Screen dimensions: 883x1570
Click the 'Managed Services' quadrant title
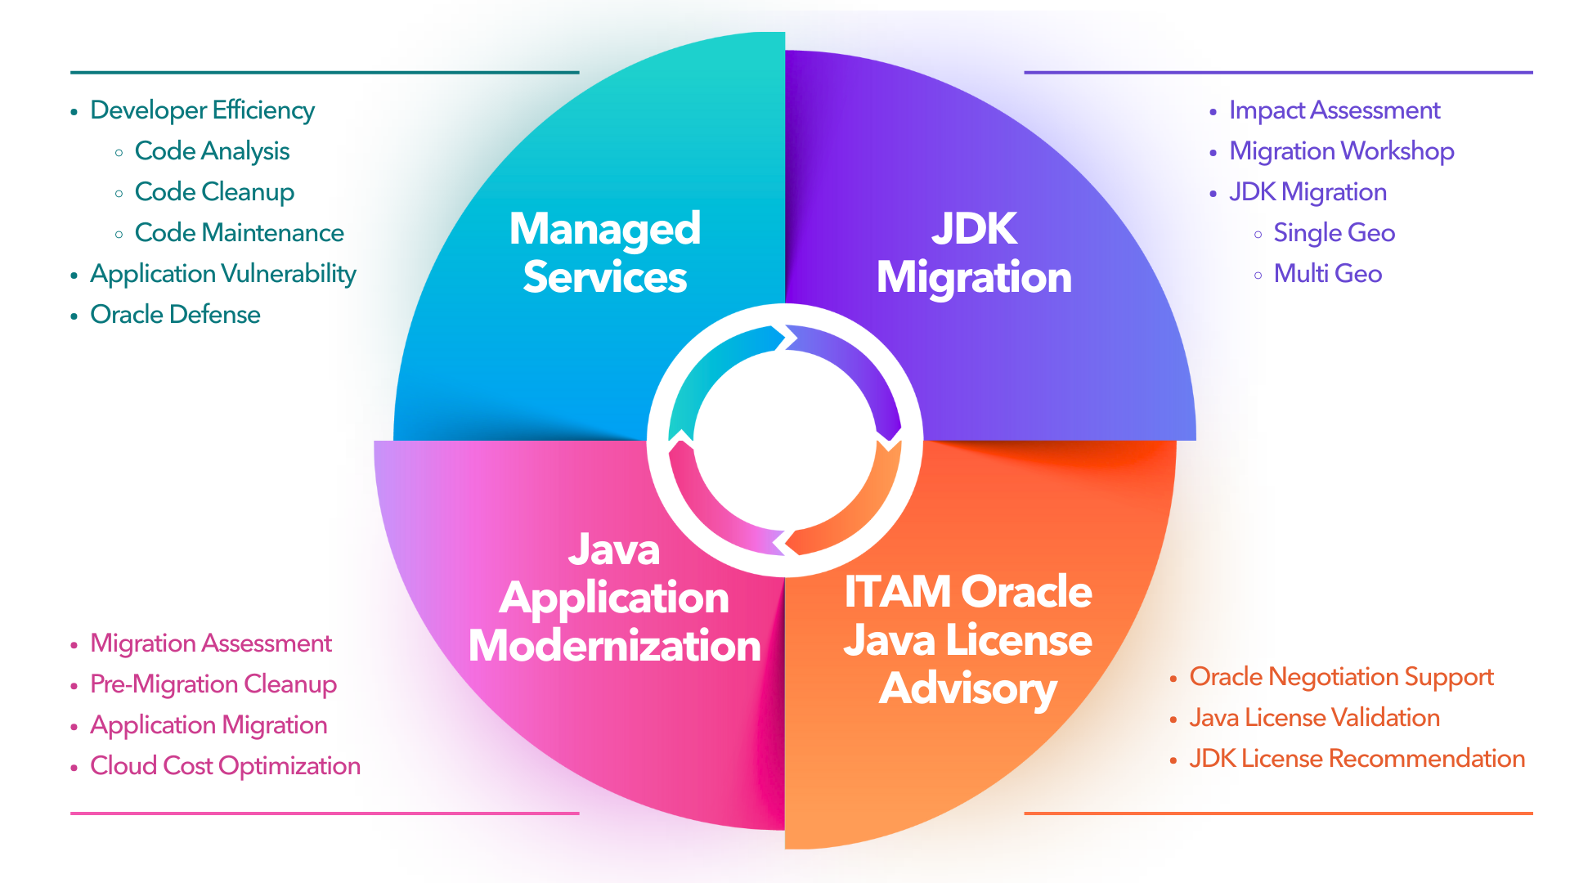pos(605,253)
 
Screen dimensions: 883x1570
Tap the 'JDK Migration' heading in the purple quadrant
pos(974,253)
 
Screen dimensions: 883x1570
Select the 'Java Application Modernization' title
pos(614,598)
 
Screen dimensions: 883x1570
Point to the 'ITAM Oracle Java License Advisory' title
pos(968,639)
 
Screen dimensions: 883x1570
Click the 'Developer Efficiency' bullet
pos(202,110)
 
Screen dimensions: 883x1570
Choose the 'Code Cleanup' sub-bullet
pos(214,192)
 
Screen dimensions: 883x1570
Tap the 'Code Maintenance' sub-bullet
pos(239,233)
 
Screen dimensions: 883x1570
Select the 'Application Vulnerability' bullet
pos(222,274)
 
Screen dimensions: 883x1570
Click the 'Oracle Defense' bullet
pos(175,315)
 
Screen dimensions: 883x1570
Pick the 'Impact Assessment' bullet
pos(1334,110)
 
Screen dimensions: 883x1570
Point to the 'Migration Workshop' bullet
pos(1341,151)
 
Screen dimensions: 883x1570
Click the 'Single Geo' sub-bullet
pos(1334,233)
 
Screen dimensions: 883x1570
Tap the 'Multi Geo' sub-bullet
pos(1327,274)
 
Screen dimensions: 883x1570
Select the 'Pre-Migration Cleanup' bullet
pos(213,684)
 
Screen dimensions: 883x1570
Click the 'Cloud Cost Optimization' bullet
pos(225,766)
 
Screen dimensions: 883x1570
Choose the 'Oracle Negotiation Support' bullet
pos(1341,677)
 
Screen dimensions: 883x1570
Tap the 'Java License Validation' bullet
pos(1314,718)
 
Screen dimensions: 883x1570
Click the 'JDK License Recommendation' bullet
pos(1357,759)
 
